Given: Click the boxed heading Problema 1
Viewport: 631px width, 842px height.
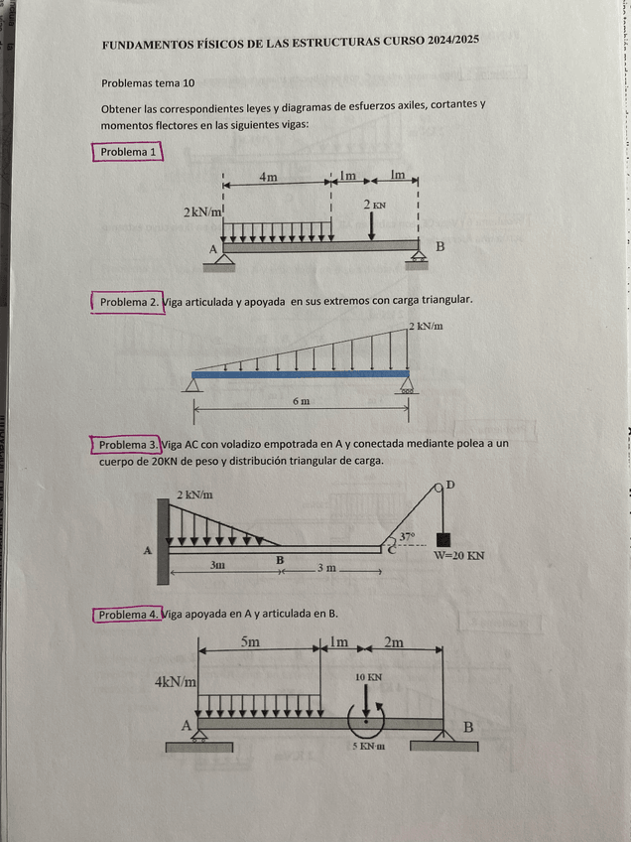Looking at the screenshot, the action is tap(129, 152).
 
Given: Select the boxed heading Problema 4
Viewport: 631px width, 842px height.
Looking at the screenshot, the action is tap(128, 615).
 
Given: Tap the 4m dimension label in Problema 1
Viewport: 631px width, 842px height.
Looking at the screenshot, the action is tap(268, 177).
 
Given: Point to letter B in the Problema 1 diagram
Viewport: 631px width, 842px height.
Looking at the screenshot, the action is tap(441, 247).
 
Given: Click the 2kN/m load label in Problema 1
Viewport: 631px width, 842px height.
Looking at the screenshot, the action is tap(203, 212).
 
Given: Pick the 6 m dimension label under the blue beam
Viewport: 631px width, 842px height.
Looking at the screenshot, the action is tap(301, 401).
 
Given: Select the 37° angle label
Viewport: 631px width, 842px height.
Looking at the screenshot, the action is tap(407, 536).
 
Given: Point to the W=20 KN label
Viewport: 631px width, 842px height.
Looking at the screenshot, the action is tap(459, 557).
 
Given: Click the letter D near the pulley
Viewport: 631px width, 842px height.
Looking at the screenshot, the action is tap(450, 484).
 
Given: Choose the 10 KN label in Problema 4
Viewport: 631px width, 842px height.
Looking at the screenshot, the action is tap(368, 676).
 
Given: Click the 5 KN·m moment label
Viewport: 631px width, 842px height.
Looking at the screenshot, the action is tap(368, 745).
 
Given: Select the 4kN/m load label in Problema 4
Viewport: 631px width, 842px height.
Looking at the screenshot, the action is tap(176, 682).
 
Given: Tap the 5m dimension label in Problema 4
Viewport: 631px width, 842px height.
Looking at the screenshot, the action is tap(251, 641).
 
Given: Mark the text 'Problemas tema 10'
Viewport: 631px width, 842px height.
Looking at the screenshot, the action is tap(148, 83).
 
